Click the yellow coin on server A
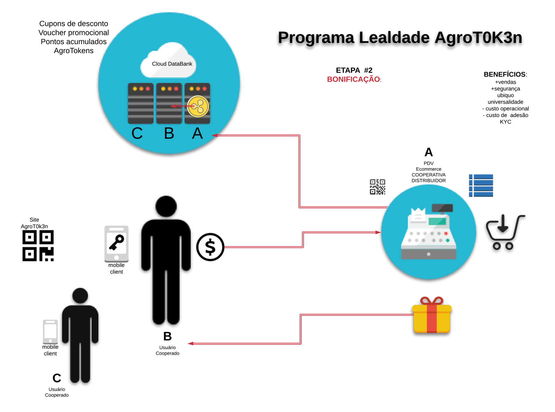[198, 107]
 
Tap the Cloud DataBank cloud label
[172, 64]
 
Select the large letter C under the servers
[137, 133]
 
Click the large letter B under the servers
[169, 133]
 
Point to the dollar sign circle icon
[210, 247]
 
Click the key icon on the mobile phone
[116, 242]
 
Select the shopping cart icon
[505, 232]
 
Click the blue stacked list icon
[481, 186]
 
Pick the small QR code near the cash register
[377, 187]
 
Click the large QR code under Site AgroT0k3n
[38, 246]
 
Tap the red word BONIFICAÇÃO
[353, 79]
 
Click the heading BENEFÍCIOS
[504, 74]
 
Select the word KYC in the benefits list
[505, 122]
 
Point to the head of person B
[166, 206]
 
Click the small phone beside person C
[50, 331]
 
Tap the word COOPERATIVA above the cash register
[428, 175]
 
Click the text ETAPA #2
[354, 70]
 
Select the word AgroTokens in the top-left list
[74, 51]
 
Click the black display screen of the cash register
[442, 208]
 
